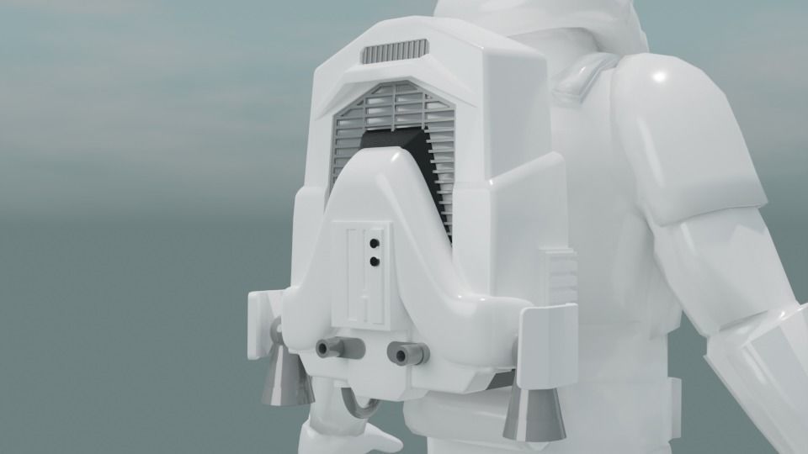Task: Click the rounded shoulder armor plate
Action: coord(690,135)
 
